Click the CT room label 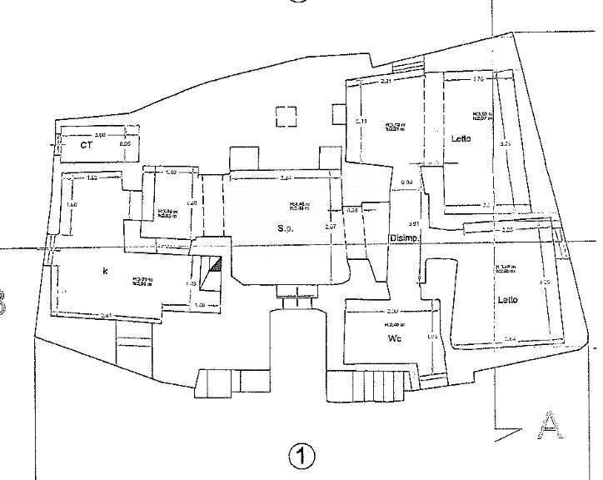pos(85,145)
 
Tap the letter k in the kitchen pos(105,271)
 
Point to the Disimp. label pos(406,238)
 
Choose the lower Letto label pos(508,300)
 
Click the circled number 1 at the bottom pos(301,456)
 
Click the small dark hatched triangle pos(216,265)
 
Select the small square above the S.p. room pos(286,116)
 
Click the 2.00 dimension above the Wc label pos(392,310)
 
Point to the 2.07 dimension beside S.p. pos(330,227)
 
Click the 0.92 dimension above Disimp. pos(407,182)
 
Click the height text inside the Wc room pos(394,324)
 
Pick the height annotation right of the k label pos(140,281)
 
